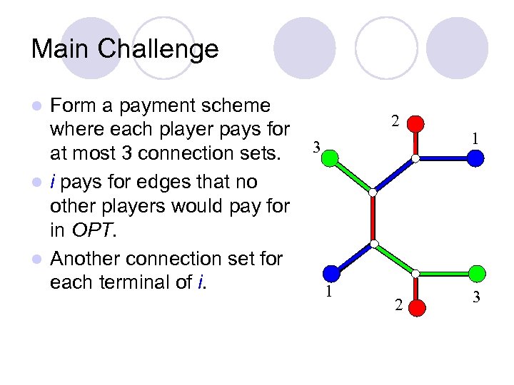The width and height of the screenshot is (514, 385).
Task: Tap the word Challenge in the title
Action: [x=158, y=49]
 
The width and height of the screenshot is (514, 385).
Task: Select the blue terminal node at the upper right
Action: [x=476, y=158]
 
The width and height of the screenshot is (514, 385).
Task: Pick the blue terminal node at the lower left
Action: [x=331, y=272]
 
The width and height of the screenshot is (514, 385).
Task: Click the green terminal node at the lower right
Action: [x=478, y=272]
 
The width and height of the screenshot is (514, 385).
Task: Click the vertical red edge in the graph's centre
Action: [x=373, y=217]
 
